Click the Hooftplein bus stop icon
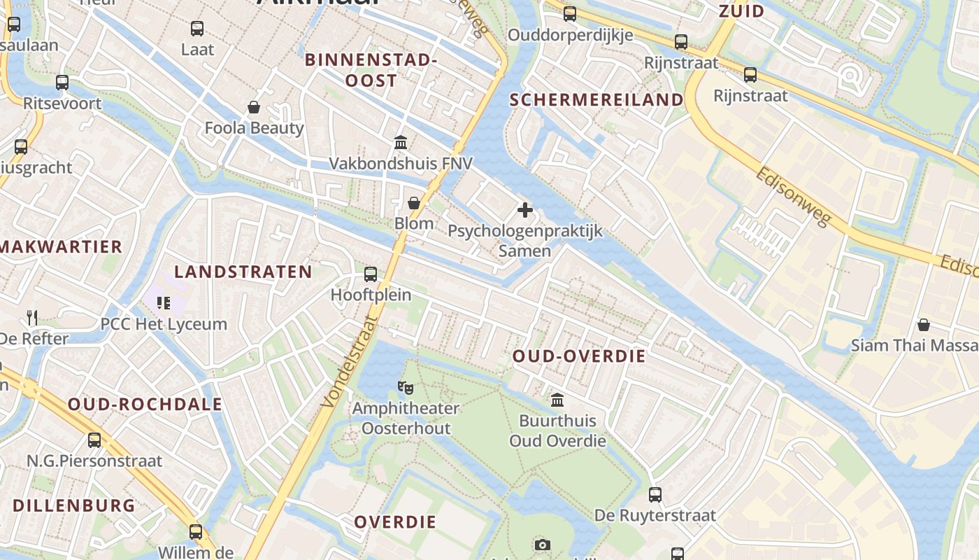371,274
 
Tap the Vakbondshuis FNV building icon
401,143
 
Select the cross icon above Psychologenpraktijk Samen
524,209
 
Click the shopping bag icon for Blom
414,203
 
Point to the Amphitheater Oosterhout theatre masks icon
405,386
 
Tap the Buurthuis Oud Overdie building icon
557,400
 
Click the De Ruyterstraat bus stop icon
655,495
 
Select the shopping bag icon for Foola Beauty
254,107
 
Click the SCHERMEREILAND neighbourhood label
596,100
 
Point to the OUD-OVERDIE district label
579,356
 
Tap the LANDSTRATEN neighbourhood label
243,272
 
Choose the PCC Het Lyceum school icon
164,303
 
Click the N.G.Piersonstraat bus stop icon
94,440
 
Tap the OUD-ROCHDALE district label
145,404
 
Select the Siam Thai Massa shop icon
924,325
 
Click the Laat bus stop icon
197,29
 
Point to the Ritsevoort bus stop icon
62,83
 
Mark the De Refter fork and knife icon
32,317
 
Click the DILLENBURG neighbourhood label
74,505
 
